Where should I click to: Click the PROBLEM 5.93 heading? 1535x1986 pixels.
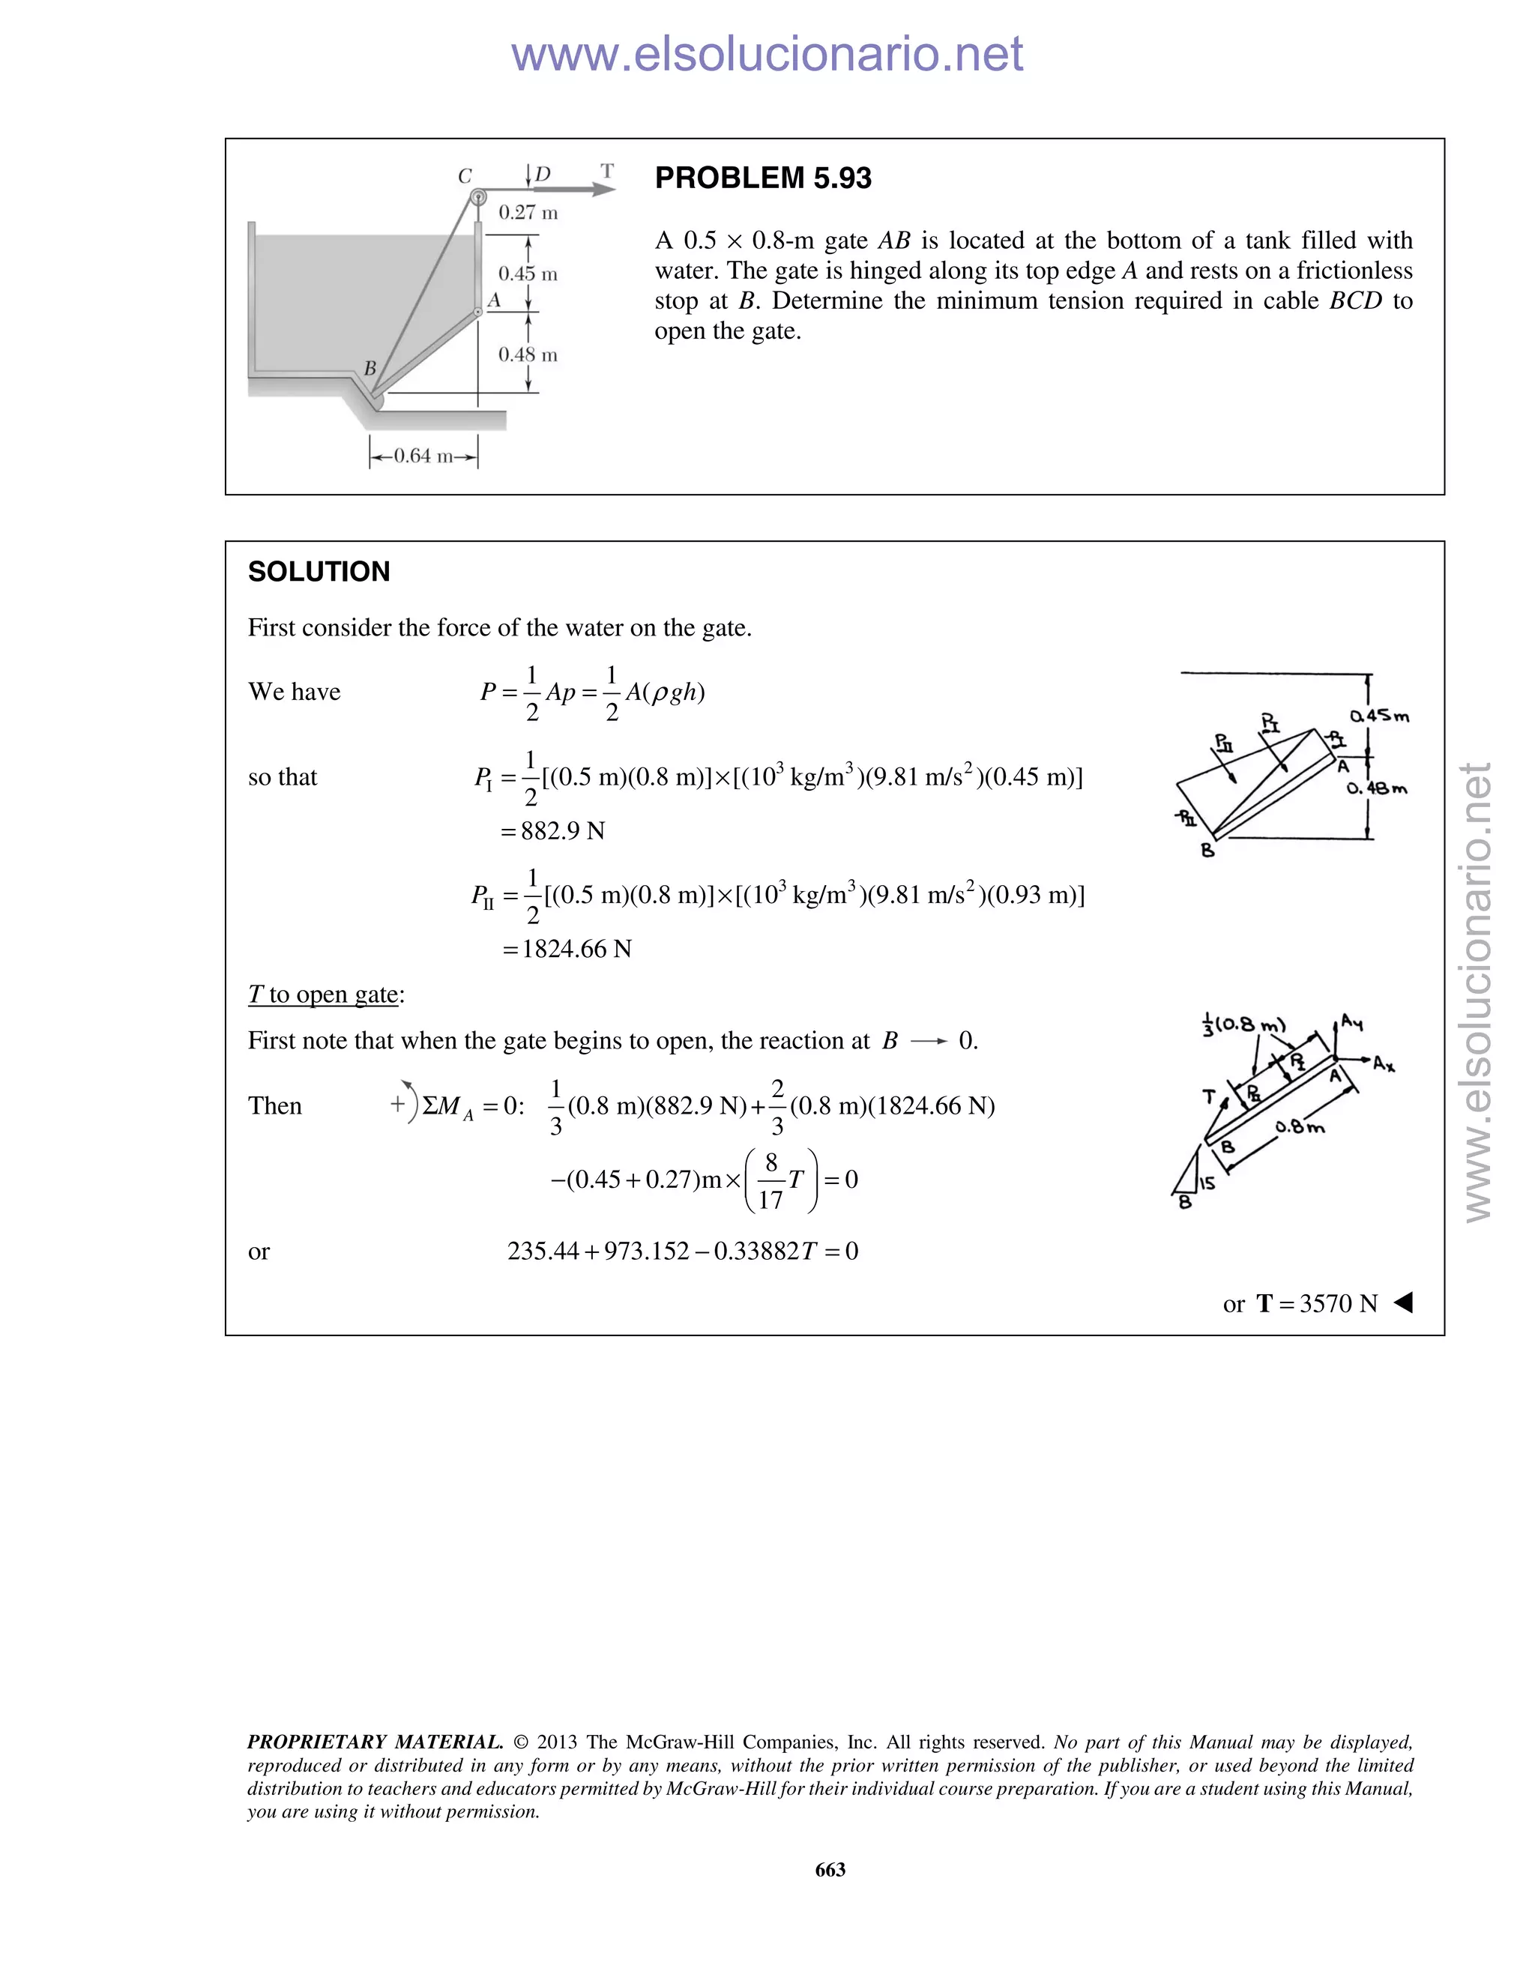(763, 178)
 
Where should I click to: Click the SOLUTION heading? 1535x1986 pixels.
(319, 572)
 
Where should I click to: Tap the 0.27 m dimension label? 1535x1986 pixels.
(528, 213)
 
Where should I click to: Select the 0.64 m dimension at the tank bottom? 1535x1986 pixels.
(423, 456)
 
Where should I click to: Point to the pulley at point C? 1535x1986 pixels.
(477, 196)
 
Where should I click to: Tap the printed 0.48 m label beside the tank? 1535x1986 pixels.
(528, 354)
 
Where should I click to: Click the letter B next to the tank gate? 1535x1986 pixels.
(370, 368)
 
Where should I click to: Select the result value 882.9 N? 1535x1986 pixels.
(562, 831)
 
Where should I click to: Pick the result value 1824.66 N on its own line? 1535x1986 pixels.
(576, 950)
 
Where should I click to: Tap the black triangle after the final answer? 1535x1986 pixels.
(1403, 1303)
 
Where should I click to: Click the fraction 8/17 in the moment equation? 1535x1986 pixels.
(770, 1180)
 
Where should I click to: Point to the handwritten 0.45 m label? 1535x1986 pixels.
(1380, 716)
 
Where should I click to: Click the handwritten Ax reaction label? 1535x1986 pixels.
(1383, 1063)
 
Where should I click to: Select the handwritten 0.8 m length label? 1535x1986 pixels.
(1300, 1128)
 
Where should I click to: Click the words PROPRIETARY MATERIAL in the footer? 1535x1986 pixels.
(375, 1742)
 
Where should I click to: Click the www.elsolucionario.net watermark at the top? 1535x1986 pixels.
(767, 54)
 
